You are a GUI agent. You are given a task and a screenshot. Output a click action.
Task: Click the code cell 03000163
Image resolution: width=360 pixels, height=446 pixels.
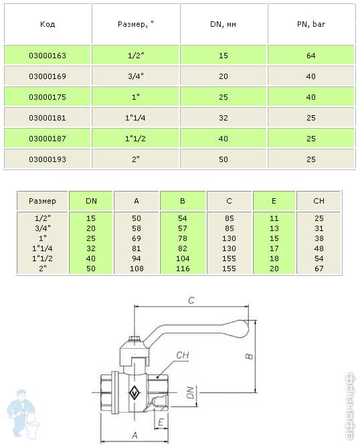pos(48,56)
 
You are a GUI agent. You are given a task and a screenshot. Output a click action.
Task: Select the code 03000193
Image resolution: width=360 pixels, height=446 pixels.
pos(48,159)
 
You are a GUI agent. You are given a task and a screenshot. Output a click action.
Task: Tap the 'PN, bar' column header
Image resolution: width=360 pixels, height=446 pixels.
pos(310,23)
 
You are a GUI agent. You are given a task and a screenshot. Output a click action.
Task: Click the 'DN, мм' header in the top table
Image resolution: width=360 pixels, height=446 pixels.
pos(223,23)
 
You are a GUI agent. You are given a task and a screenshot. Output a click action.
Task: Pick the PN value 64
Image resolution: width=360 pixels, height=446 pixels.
pos(310,56)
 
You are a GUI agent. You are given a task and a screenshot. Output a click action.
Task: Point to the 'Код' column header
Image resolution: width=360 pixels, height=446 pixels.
pos(48,23)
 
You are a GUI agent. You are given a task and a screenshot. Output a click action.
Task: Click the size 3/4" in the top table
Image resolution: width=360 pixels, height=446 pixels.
pos(136,76)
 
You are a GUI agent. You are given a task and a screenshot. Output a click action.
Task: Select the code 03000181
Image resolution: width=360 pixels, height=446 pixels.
pos(48,118)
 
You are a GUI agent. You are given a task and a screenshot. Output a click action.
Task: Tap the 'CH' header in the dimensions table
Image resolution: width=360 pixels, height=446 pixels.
pos(319,200)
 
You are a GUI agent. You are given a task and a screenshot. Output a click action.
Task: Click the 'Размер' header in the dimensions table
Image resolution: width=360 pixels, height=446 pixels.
pos(42,200)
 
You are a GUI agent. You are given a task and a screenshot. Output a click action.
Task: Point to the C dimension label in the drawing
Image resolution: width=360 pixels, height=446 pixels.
pos(191,301)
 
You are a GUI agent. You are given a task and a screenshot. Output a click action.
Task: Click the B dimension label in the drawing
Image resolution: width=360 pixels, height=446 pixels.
pos(248,357)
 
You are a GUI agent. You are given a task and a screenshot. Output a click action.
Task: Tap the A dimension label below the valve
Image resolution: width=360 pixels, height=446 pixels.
pos(134,435)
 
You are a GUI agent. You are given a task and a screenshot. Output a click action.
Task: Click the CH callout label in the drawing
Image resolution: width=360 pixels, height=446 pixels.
pos(181,355)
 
